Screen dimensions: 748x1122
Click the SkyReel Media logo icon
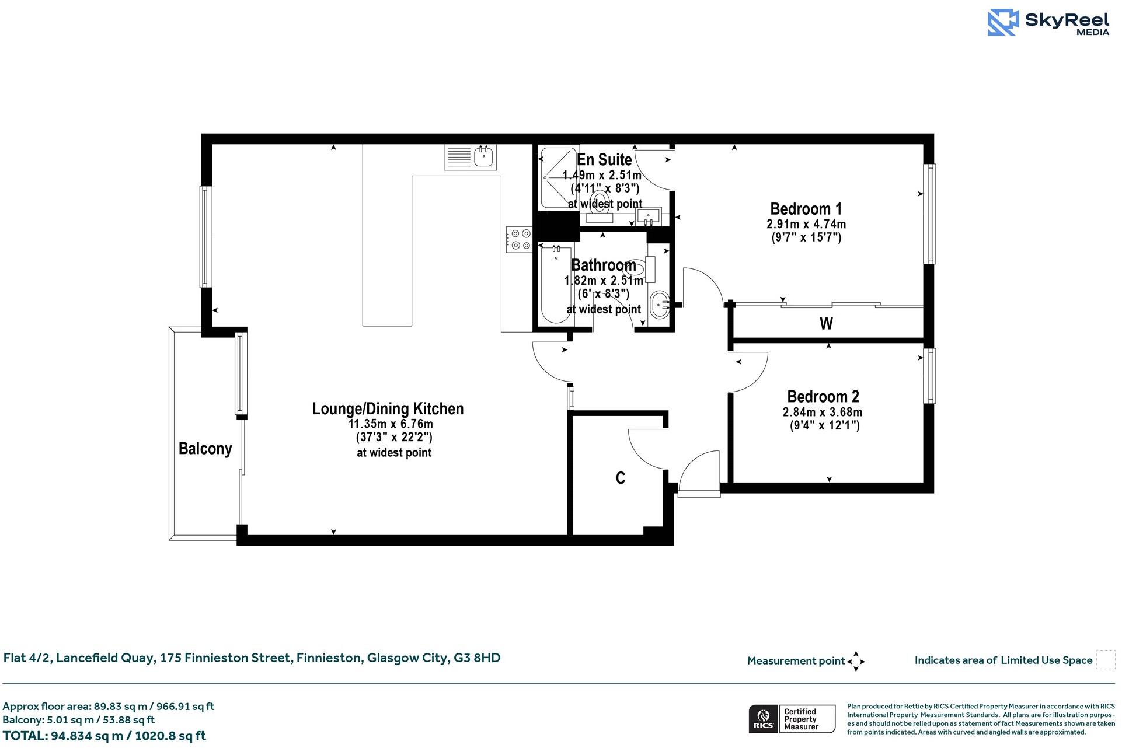pos(1003,23)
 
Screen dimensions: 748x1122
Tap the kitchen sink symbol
pos(485,156)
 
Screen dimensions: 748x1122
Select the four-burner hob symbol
pos(519,239)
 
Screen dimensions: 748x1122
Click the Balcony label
pos(205,449)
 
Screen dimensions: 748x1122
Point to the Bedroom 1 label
pos(806,209)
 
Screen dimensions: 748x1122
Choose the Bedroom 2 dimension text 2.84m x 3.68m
pos(823,412)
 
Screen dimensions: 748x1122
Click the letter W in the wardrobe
pos(826,323)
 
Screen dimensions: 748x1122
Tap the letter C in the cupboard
pos(621,478)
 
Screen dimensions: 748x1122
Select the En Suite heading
pos(604,159)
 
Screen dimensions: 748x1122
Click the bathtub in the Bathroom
pos(555,284)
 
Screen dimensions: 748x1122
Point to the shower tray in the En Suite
pos(558,178)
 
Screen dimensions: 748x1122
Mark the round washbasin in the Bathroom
pos(659,304)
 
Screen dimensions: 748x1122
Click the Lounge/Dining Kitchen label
pos(388,408)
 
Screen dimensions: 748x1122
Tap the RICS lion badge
pos(763,719)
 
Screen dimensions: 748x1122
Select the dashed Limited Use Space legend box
pos(1105,660)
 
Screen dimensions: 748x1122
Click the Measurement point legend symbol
pos(856,662)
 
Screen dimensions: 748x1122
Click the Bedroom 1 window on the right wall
pos(929,214)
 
